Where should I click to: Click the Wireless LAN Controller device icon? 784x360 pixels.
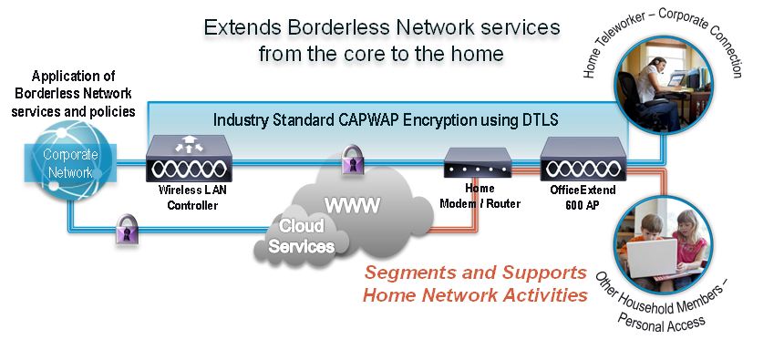189,159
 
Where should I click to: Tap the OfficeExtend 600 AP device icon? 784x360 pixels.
583,159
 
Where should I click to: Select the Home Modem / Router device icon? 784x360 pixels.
478,162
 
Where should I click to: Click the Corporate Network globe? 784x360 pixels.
69,161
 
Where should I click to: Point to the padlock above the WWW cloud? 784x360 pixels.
352,159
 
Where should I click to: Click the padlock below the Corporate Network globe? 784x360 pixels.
128,229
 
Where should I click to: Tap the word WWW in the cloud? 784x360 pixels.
352,205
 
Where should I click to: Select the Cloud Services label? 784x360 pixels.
302,235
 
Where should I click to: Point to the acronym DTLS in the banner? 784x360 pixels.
539,120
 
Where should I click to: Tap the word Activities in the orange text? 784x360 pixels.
545,295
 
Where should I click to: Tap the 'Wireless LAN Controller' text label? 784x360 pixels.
192,198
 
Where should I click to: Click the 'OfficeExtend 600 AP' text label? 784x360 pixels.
583,197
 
